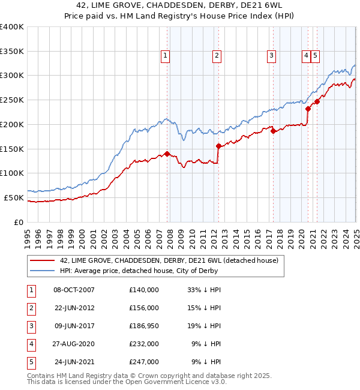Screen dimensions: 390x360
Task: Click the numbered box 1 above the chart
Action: coord(165,56)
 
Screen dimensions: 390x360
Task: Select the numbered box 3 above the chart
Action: coord(271,56)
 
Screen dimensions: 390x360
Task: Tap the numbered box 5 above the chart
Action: coord(315,56)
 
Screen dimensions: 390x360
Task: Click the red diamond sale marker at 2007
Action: coord(167,153)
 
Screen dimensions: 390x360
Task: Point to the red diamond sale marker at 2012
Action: coord(218,145)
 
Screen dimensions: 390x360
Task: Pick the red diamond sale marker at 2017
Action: coord(273,131)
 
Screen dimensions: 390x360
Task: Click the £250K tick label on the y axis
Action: coord(12,100)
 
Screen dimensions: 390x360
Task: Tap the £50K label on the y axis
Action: coord(14,197)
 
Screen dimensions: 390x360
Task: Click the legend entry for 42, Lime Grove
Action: coord(169,261)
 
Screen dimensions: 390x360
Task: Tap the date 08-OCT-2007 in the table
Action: coord(74,290)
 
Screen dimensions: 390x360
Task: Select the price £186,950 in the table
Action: coord(144,326)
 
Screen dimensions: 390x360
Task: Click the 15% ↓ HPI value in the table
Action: coord(205,308)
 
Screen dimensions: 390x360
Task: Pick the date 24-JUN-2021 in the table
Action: coord(74,362)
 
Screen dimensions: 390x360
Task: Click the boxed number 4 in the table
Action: coord(31,344)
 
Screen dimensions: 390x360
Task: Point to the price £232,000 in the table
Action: coord(144,344)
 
